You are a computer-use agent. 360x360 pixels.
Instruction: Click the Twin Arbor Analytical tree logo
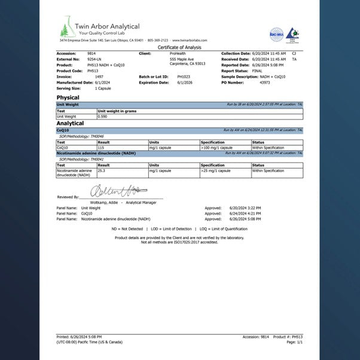67,29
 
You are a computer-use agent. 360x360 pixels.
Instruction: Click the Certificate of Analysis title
179,47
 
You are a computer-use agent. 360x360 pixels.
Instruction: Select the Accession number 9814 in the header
91,53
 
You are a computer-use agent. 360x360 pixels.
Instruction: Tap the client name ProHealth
178,53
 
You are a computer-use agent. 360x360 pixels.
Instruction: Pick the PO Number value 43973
264,83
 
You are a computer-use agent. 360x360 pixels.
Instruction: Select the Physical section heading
68,97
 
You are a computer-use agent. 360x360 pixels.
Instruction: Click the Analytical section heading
70,123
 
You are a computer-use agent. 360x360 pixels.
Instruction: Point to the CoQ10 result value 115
101,147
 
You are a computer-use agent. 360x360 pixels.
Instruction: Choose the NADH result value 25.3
102,170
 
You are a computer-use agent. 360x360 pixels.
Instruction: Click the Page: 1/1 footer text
295,341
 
